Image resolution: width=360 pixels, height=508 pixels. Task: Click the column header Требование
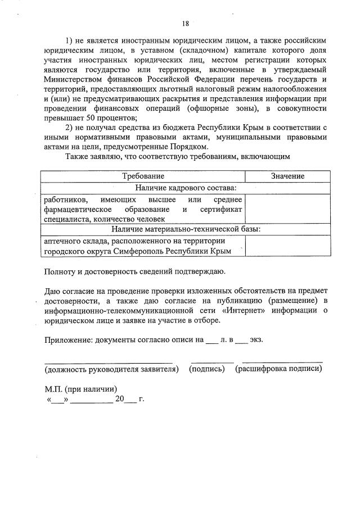click(144, 176)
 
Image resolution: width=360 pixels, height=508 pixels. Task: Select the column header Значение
click(287, 176)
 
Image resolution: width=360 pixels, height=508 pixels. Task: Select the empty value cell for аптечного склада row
click(287, 246)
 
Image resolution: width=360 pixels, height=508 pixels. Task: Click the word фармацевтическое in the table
click(76, 210)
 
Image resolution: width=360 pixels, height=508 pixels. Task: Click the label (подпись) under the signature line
click(208, 369)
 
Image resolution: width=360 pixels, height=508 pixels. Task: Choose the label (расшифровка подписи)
click(279, 369)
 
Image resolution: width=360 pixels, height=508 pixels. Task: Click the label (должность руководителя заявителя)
click(112, 369)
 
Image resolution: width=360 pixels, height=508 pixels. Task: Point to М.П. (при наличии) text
click(81, 389)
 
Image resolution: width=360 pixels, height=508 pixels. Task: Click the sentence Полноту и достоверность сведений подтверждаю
click(135, 273)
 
